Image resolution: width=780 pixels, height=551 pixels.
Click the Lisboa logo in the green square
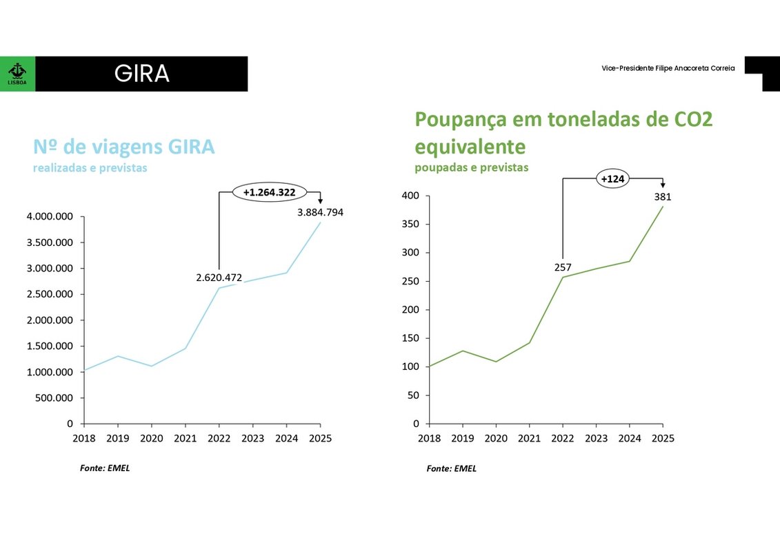17,73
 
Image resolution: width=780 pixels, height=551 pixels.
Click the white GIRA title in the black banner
141,74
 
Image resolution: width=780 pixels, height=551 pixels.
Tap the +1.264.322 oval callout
269,192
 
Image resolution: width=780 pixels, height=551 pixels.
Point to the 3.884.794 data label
320,213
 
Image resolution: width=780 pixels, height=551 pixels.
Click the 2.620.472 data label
219,278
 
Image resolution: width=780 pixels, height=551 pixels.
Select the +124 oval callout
612,179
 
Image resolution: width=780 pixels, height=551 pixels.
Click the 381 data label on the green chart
663,197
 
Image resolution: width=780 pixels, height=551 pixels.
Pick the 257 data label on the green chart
563,267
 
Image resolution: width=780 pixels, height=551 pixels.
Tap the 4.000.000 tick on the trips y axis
50,217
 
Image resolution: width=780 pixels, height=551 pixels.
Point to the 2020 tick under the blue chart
151,438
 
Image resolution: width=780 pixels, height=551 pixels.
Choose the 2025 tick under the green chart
663,438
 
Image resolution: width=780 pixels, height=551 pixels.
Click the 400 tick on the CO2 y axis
410,196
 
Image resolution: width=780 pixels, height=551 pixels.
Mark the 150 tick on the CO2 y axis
410,338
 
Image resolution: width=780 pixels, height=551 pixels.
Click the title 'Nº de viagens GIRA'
124,147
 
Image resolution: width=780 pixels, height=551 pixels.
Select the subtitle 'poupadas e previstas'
471,167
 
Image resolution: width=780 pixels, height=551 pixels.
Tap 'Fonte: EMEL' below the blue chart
105,468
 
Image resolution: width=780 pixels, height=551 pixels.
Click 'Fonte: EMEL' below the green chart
451,468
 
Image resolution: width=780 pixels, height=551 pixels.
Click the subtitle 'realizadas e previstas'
90,167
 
